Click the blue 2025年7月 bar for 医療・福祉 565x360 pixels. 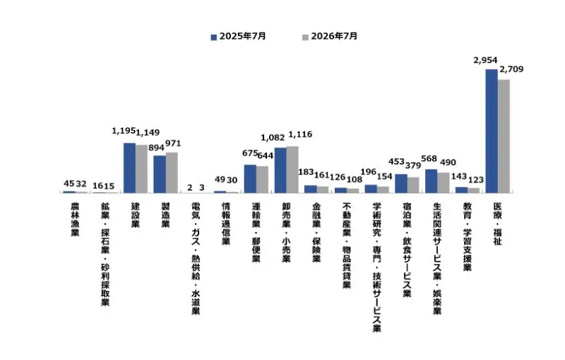pos(492,131)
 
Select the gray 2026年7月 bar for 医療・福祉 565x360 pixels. pos(504,136)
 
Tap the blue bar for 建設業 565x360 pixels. pos(130,168)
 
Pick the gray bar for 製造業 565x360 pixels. pos(172,172)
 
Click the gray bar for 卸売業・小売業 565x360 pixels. pos(292,169)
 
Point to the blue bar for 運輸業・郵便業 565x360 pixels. pos(250,179)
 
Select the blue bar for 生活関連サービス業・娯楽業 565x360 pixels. pos(432,181)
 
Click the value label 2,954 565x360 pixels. pos(485,60)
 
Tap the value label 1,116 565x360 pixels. pos(301,135)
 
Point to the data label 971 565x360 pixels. pos(173,143)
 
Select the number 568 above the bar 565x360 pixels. pos(429,159)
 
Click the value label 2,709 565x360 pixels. pos(511,69)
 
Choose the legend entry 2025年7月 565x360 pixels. pos(239,37)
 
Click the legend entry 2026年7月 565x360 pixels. pos(330,37)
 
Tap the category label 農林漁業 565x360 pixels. pos(75,220)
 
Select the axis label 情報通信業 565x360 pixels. pos(226,224)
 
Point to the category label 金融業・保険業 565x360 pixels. pos(316,232)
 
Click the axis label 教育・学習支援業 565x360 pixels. pos(468,236)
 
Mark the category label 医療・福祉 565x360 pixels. pos(498,224)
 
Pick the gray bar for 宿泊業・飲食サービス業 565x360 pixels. pos(413,185)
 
